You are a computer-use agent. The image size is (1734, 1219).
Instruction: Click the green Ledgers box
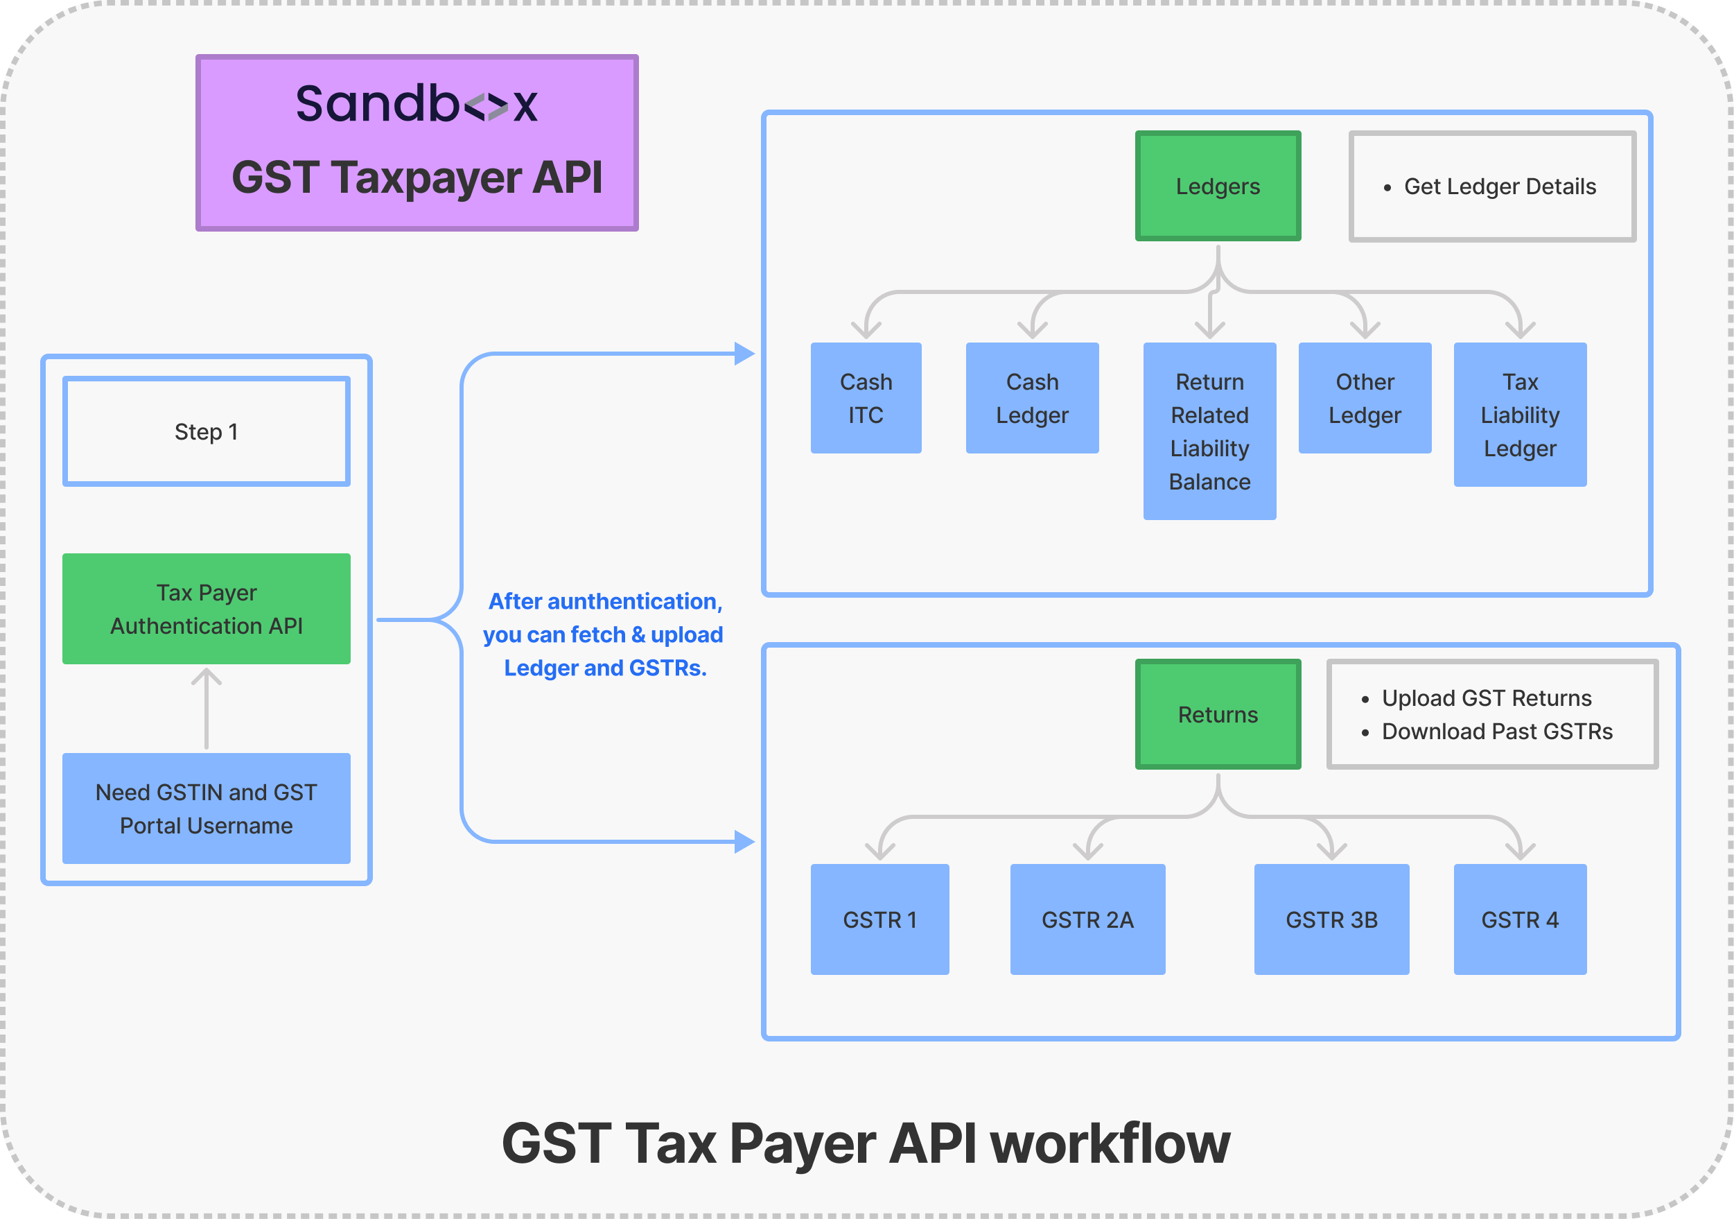pos(1218,186)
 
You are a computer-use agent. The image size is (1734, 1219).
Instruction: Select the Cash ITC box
pos(866,398)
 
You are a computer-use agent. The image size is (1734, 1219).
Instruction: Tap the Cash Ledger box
pos(1032,398)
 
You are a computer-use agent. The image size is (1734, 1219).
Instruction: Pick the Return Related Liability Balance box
pos(1209,431)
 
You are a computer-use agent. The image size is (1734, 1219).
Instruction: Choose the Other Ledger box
pos(1365,398)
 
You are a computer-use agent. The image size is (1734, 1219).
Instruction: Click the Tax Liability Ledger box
pos(1520,414)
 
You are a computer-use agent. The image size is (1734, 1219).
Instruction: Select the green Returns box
pos(1218,714)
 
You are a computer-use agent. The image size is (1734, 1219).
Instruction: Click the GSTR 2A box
pos(1087,919)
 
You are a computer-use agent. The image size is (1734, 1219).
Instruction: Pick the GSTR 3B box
pos(1331,919)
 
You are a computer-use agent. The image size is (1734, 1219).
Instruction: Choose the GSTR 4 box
pos(1520,919)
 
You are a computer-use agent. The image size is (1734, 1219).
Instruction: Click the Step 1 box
pos(206,431)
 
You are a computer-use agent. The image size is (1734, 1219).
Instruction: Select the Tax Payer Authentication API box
pos(206,608)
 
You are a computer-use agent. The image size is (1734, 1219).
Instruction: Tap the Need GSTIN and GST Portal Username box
pos(206,808)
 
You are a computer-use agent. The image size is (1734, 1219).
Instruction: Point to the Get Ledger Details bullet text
pos(1499,187)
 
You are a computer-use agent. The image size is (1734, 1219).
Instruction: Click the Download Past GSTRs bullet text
pos(1497,732)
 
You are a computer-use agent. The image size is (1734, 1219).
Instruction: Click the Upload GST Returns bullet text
pos(1487,698)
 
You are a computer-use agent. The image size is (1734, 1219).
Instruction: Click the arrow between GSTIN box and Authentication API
pos(206,708)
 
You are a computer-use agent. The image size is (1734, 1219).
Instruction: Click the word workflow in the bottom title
pos(1110,1143)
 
